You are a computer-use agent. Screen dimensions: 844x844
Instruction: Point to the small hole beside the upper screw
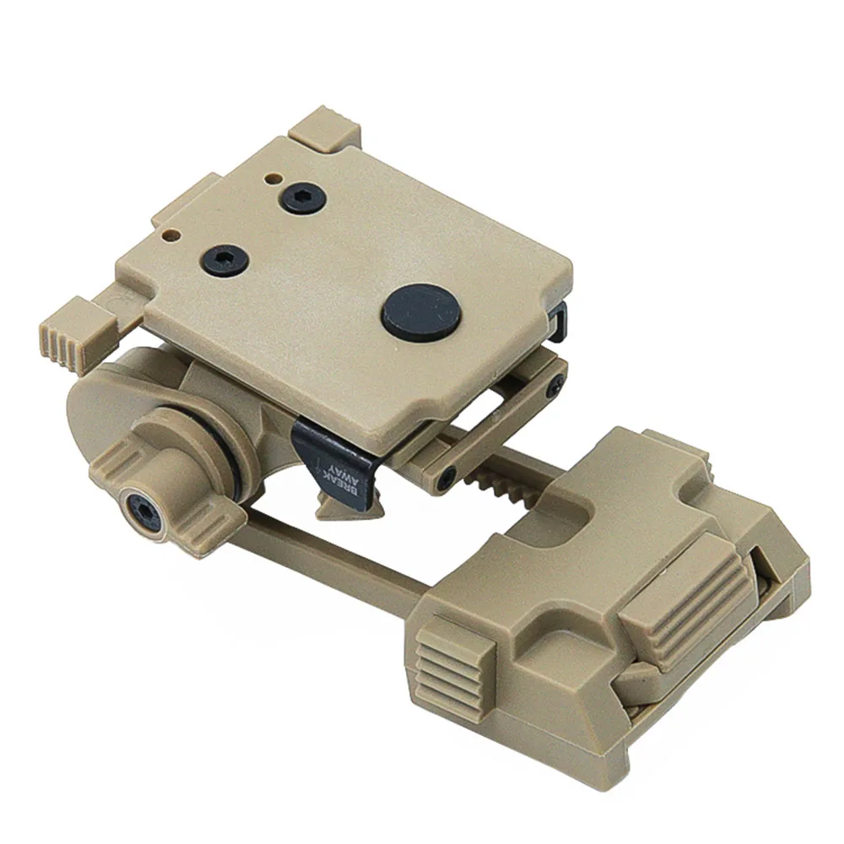tap(271, 179)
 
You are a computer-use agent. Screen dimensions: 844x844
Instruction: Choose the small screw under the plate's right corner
tap(552, 387)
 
